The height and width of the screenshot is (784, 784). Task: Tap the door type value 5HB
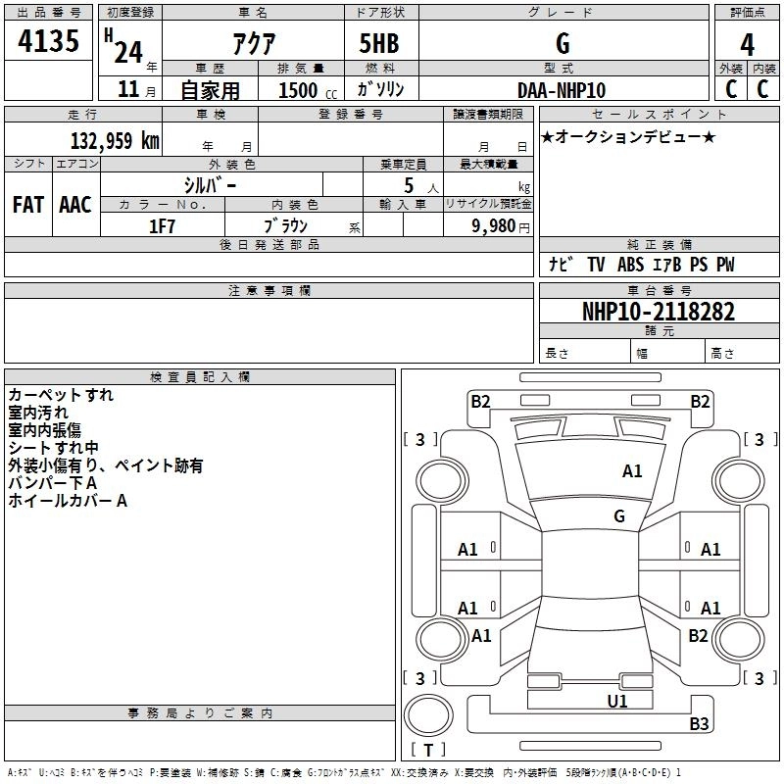pos(379,43)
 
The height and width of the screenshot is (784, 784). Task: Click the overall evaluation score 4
pos(748,43)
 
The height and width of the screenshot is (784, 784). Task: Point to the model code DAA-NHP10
pos(562,90)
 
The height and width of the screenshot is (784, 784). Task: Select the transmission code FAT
pos(27,205)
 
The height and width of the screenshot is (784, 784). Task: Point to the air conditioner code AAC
pos(74,205)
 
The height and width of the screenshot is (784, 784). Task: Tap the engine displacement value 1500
pos(298,90)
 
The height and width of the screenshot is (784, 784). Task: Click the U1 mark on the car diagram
pos(617,701)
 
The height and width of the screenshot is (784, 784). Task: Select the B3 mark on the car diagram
pos(699,724)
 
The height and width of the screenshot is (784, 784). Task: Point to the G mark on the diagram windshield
pos(619,515)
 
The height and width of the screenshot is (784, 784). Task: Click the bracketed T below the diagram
pos(427,751)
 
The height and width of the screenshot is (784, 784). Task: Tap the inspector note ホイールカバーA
pos(68,502)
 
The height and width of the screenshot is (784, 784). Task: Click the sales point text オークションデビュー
pos(628,136)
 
